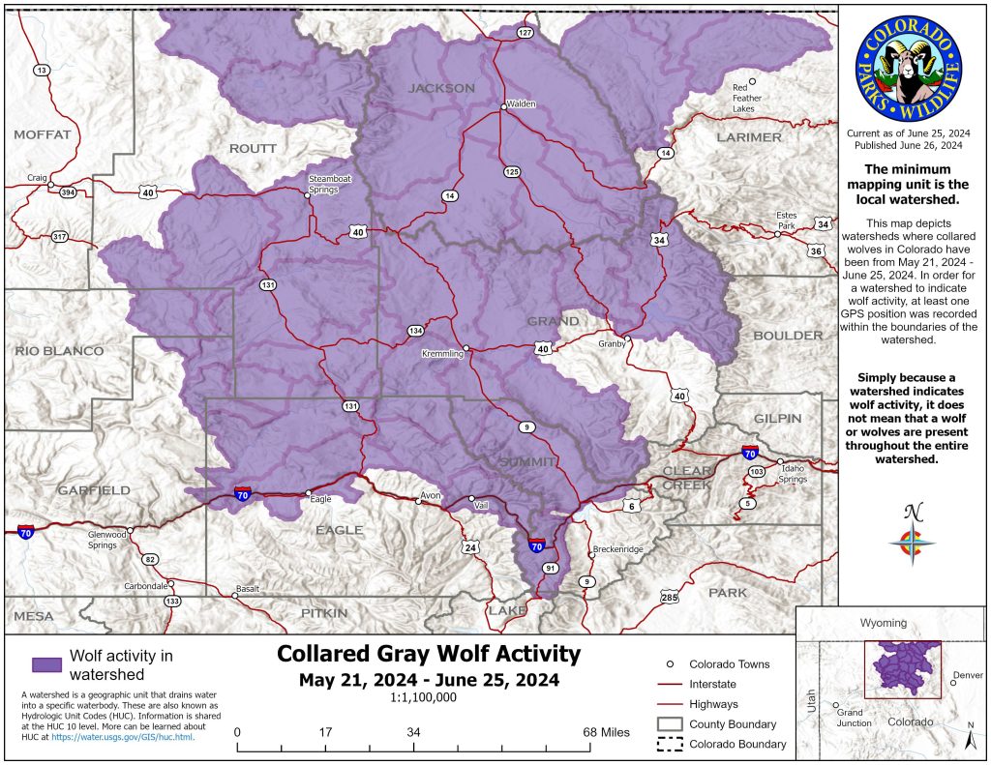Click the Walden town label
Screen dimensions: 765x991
pos(521,104)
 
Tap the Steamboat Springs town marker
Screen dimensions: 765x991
pos(308,194)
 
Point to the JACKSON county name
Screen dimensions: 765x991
pos(441,88)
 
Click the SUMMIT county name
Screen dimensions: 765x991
pos(527,463)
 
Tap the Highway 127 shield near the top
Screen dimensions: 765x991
pos(526,33)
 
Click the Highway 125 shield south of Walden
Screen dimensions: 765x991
pos(512,171)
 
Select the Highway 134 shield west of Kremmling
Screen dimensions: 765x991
pos(415,331)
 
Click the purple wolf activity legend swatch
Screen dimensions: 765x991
pos(46,664)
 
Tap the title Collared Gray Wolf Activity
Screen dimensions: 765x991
pos(429,654)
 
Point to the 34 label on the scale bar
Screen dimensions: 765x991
pos(413,731)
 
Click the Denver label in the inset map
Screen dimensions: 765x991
pos(967,674)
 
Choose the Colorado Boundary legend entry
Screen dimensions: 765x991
pos(736,744)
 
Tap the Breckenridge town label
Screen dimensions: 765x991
pos(617,549)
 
